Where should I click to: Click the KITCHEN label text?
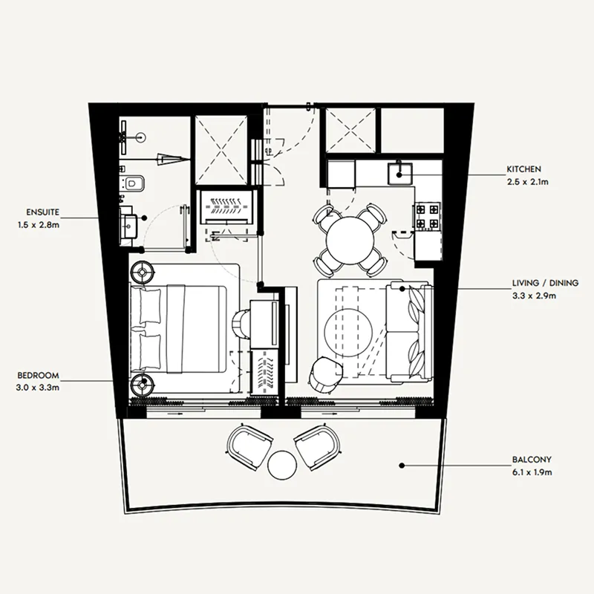tap(524, 169)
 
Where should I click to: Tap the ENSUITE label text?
tap(43, 212)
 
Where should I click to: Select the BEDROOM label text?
tap(39, 376)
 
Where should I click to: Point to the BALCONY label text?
tap(532, 460)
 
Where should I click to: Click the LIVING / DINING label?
tap(546, 283)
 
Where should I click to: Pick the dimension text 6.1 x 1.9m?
tap(532, 472)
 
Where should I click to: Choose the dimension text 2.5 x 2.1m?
tap(528, 182)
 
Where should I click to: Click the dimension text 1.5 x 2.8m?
tap(39, 225)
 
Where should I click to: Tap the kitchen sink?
tap(399, 173)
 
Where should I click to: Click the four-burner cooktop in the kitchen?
tap(428, 215)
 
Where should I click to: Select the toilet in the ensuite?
tap(131, 183)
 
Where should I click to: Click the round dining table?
tap(350, 239)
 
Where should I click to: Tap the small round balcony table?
tap(282, 466)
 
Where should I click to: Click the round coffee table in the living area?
tap(348, 333)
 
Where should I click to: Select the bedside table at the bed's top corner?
tap(142, 272)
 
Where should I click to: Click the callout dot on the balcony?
tap(402, 466)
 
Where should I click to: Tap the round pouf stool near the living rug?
tap(325, 373)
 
